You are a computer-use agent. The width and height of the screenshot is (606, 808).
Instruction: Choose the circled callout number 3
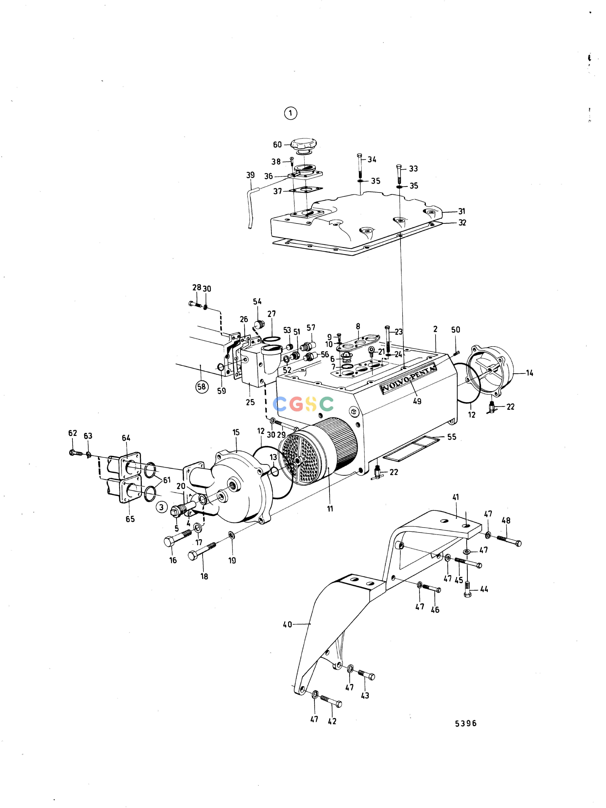click(161, 507)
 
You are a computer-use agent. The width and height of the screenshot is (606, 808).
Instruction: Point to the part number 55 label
click(452, 437)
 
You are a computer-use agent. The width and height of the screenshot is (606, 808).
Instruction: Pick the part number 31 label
click(462, 211)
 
